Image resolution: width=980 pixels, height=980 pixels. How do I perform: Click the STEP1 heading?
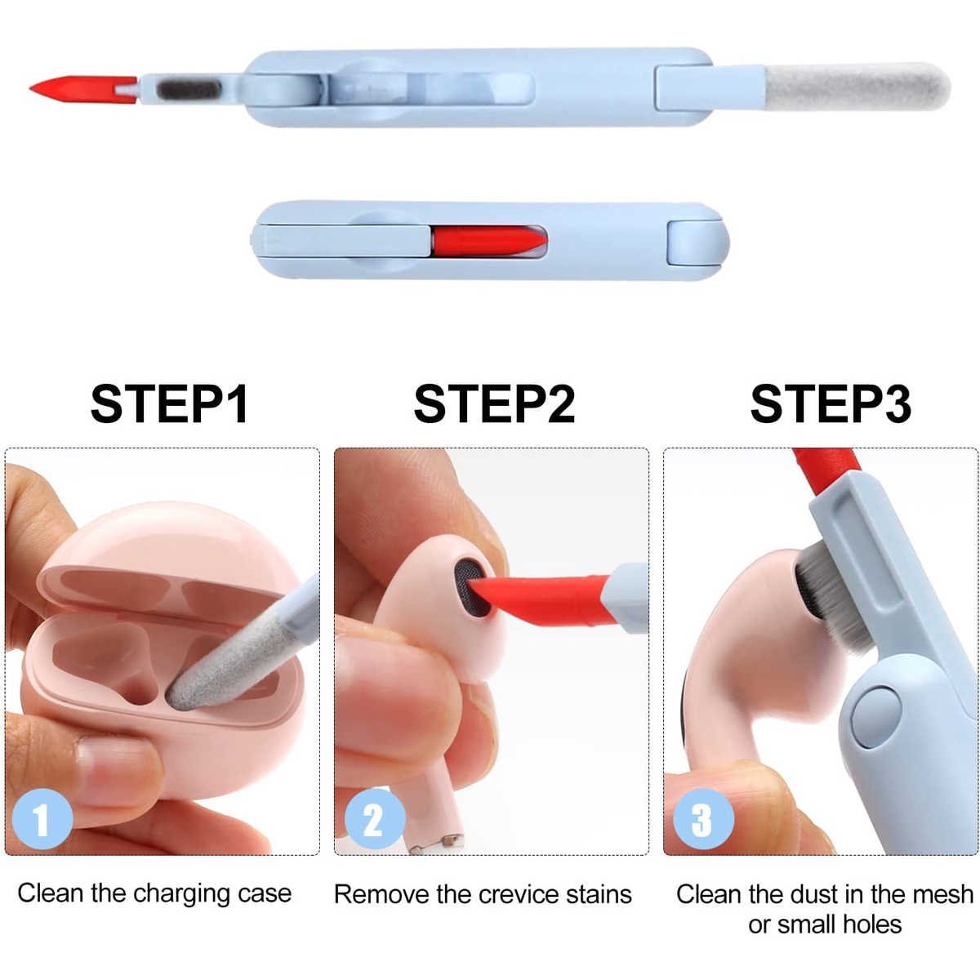169,404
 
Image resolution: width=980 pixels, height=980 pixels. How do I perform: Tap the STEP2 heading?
494,404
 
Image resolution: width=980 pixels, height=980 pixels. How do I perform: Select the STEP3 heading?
831,404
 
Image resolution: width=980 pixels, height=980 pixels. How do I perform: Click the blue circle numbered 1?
42,819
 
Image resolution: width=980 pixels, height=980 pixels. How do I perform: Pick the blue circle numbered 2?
375,819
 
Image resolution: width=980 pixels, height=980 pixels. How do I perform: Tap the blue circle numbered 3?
703,819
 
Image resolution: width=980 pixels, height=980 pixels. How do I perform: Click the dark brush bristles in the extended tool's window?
189,90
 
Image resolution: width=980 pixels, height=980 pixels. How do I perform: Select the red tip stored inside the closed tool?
488,240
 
